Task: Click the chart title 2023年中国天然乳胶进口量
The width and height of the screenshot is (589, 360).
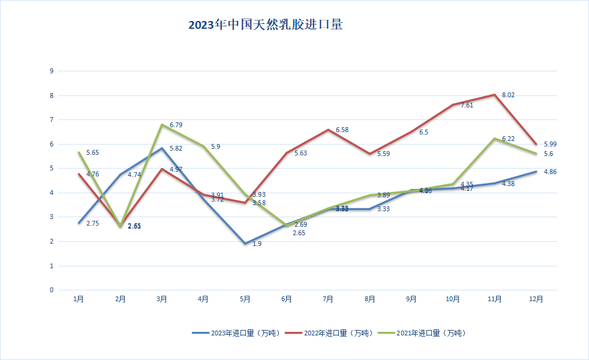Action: click(265, 25)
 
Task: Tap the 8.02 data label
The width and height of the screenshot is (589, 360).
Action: click(509, 95)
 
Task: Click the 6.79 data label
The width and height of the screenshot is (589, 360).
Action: click(176, 125)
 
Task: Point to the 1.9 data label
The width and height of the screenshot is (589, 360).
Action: click(257, 244)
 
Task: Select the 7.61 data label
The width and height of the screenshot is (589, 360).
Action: click(467, 105)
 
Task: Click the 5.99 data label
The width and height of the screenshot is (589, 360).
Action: click(551, 144)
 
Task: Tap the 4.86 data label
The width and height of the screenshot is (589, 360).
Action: click(551, 172)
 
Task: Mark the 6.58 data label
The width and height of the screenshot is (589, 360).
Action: click(342, 130)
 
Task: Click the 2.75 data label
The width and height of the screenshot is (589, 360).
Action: click(92, 223)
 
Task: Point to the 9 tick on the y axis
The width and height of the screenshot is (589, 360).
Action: click(52, 71)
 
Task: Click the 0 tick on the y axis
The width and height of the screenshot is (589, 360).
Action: click(52, 290)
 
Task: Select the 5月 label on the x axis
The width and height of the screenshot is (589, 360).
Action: click(245, 299)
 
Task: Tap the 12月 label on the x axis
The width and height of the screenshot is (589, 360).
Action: click(536, 299)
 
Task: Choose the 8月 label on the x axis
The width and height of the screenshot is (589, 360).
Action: click(369, 299)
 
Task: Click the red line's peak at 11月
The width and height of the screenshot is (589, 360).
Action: click(494, 94)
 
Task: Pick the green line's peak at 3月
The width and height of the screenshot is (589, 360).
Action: click(162, 124)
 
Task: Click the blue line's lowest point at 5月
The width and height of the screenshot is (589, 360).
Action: click(245, 244)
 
